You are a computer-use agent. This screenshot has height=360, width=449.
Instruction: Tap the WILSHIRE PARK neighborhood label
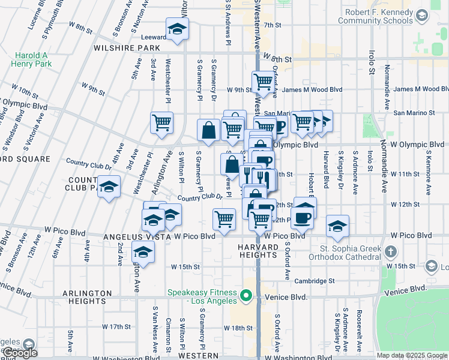[x=126, y=47]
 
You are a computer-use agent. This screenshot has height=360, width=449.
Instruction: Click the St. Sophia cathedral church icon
[x=391, y=252]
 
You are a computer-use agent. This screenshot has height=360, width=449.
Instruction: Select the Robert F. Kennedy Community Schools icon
[x=421, y=15]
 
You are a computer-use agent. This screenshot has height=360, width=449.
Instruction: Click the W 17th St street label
[x=116, y=327]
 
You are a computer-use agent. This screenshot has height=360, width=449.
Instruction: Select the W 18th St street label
[x=238, y=328]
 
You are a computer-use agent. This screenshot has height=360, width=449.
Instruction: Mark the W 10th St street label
[x=25, y=92]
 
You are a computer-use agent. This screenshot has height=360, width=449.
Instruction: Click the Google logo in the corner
[x=19, y=353]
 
